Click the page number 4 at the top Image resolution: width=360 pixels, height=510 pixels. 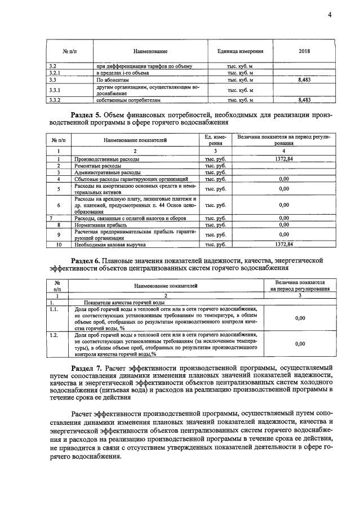coord(330,15)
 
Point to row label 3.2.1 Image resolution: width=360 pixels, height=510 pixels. coord(55,73)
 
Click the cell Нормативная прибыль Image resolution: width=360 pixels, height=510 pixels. coord(99,224)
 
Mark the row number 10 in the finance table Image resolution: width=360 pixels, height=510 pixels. coord(58,244)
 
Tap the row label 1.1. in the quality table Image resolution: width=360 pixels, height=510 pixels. coord(55,309)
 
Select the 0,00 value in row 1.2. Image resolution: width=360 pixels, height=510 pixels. coord(300,343)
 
